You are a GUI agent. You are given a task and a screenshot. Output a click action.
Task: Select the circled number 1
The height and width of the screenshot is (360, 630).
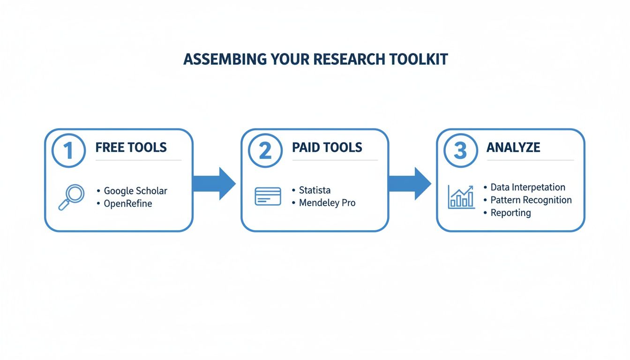(x=68, y=151)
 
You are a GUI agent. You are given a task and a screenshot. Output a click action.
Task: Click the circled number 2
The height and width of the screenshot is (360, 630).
(x=265, y=151)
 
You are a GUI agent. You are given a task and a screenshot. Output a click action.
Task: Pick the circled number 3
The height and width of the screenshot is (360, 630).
(x=460, y=151)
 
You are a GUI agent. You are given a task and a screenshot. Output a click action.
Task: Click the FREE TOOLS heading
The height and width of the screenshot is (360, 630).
(x=131, y=148)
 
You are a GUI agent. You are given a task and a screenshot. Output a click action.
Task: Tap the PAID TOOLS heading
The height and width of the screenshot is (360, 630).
(x=327, y=148)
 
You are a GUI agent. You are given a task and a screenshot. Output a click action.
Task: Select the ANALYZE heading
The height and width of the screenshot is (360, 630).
(x=513, y=148)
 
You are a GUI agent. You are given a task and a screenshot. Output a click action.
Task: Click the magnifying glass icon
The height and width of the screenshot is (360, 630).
(x=71, y=197)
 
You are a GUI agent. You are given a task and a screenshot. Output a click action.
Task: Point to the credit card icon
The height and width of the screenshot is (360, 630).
(x=268, y=196)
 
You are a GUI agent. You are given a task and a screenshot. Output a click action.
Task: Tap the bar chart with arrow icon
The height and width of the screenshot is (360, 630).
(x=461, y=196)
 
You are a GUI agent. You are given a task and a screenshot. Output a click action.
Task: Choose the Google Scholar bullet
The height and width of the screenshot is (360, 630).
(x=135, y=191)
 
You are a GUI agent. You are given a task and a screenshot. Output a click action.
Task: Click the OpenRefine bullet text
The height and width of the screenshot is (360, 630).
(x=127, y=204)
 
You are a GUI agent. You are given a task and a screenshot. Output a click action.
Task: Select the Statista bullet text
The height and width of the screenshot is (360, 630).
(x=315, y=190)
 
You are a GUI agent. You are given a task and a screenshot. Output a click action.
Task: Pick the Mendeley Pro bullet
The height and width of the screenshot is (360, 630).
(x=327, y=203)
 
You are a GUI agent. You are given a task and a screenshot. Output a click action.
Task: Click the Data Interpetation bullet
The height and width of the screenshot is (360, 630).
(x=527, y=187)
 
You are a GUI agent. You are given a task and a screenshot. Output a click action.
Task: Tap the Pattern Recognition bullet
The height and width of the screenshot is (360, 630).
(x=531, y=200)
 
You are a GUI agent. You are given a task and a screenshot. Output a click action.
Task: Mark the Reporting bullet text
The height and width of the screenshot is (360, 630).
(x=510, y=213)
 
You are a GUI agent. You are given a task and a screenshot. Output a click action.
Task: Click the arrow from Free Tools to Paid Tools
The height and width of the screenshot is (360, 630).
(x=214, y=184)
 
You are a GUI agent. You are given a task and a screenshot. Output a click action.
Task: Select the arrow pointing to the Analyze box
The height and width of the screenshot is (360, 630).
(x=410, y=184)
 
